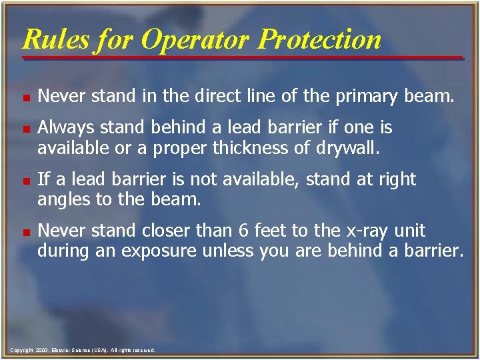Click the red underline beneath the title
click(x=243, y=58)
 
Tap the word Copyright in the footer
click(x=23, y=350)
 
